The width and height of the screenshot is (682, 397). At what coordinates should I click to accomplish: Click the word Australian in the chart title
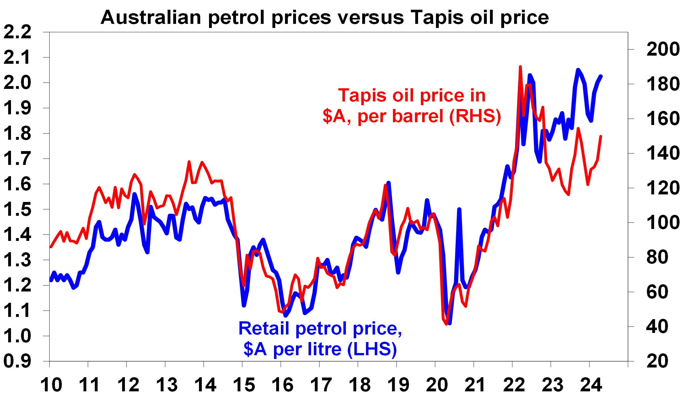[151, 17]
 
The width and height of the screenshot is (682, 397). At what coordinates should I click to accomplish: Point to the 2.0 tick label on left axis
[18, 83]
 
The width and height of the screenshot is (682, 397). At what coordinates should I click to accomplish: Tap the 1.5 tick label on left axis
[18, 209]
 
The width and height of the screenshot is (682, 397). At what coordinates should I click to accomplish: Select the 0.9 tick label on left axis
[18, 361]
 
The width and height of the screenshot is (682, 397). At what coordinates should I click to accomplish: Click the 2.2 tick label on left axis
[18, 32]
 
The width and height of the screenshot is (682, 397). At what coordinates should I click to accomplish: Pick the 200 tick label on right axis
[663, 49]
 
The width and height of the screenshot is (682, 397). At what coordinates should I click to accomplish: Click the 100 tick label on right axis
[663, 223]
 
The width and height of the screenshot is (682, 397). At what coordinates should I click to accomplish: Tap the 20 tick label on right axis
[657, 361]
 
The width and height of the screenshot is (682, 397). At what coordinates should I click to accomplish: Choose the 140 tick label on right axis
[663, 153]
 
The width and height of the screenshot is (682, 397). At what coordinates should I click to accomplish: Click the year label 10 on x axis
[51, 385]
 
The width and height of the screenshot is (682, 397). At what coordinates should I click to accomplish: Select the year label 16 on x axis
[282, 385]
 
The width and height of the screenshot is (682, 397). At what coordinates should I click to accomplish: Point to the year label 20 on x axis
[437, 385]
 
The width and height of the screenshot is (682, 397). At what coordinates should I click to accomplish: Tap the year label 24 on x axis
[591, 385]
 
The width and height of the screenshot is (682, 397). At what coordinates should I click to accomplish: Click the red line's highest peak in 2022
[520, 67]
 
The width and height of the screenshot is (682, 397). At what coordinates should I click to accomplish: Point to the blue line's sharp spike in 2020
[459, 209]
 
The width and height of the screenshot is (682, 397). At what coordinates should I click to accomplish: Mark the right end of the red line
[601, 136]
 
